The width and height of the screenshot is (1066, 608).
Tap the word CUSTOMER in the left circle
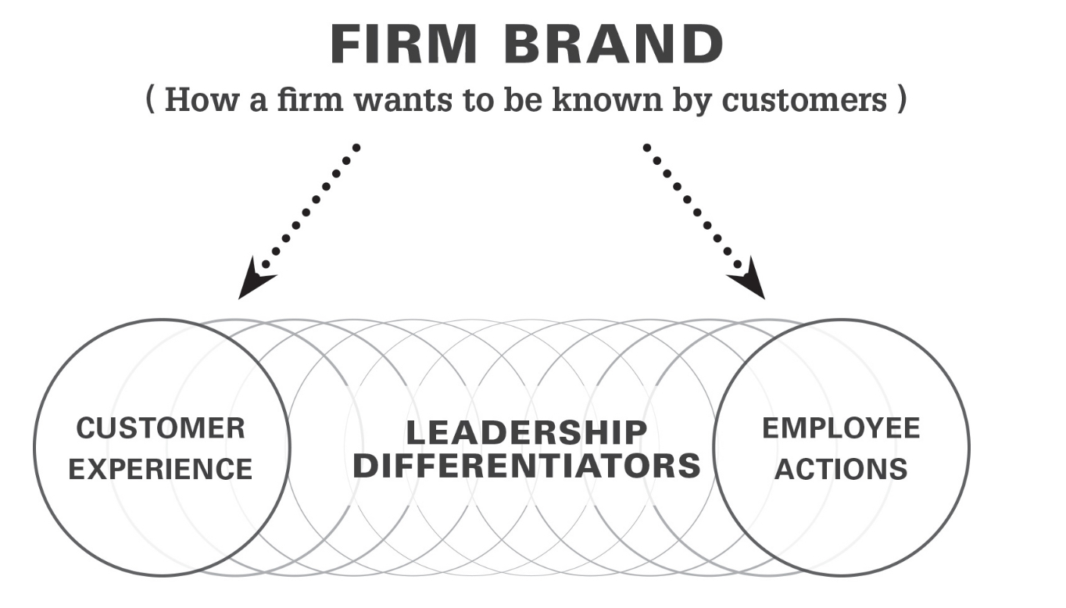pyautogui.click(x=160, y=428)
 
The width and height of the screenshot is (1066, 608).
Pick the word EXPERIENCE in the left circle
pyautogui.click(x=160, y=469)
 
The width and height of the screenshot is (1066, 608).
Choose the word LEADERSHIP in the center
pyautogui.click(x=527, y=432)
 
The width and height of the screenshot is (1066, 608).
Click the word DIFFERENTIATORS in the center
pyautogui.click(x=527, y=466)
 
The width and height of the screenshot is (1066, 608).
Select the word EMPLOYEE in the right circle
pyautogui.click(x=841, y=428)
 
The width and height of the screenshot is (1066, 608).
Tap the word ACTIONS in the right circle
pyautogui.click(x=841, y=469)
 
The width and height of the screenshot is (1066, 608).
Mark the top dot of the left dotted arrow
pyautogui.click(x=356, y=147)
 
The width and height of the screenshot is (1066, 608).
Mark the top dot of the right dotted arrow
pyautogui.click(x=646, y=147)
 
